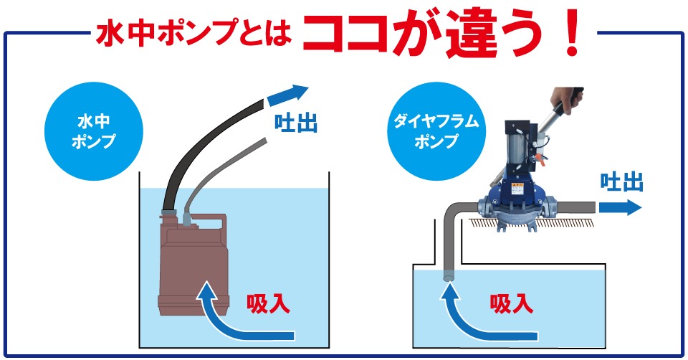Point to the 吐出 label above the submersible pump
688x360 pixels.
296,122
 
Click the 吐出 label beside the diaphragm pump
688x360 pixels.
621,182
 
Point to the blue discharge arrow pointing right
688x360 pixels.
619,208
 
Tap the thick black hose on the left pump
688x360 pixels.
208,143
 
